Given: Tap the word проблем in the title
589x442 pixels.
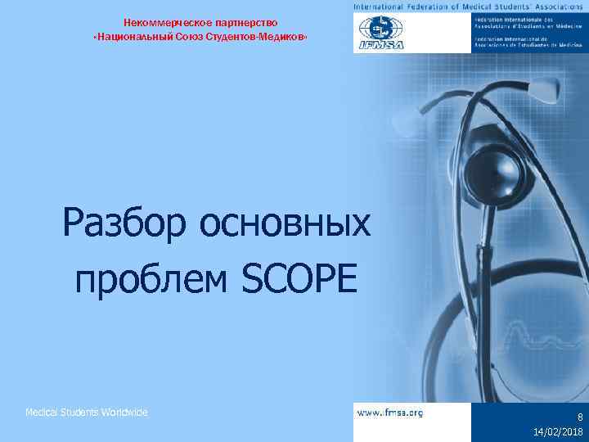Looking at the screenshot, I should pyautogui.click(x=151, y=281).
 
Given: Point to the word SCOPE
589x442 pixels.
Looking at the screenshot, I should pyautogui.click(x=300, y=281).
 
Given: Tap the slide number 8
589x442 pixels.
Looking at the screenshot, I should pyautogui.click(x=579, y=416).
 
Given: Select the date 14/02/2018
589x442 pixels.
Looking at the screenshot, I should pyautogui.click(x=558, y=431).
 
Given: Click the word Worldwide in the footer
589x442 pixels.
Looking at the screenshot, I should pyautogui.click(x=125, y=413).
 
